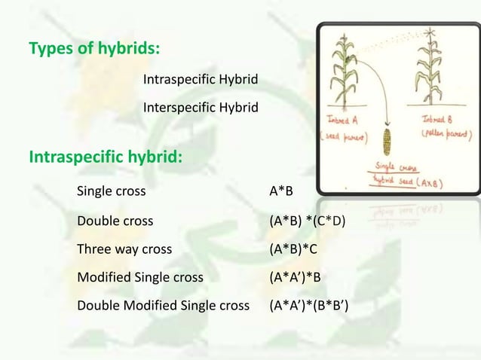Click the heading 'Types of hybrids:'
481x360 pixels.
(x=93, y=50)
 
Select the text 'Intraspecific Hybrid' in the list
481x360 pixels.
(x=200, y=79)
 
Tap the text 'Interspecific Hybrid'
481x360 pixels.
(x=200, y=108)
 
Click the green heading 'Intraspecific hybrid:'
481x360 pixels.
(x=105, y=157)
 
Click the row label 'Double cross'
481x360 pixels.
(x=115, y=221)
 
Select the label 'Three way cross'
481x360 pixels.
(x=124, y=249)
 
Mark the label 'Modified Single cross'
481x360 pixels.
(x=140, y=277)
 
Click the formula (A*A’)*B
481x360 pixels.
(x=296, y=277)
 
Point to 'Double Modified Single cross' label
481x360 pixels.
(x=163, y=306)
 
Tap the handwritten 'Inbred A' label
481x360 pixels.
(x=345, y=121)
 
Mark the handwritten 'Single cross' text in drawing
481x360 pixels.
(x=395, y=166)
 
